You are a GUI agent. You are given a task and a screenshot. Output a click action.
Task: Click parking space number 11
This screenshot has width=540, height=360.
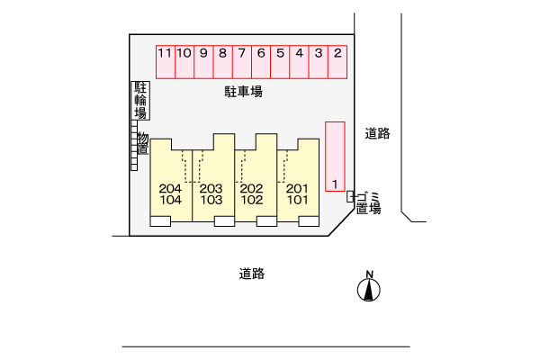pyautogui.click(x=165, y=63)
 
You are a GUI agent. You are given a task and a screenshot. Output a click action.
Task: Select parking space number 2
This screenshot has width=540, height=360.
pyautogui.click(x=337, y=63)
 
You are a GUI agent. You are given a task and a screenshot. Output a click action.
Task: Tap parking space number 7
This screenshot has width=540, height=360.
pyautogui.click(x=241, y=63)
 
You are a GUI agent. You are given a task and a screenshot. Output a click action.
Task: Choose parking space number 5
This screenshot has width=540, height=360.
pyautogui.click(x=280, y=63)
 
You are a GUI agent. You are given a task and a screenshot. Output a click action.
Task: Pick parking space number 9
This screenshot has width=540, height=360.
pyautogui.click(x=203, y=63)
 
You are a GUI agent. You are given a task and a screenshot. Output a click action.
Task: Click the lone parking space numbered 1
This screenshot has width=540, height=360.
pyautogui.click(x=334, y=156)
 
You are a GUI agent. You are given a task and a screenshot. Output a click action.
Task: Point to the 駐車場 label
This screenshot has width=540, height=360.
pyautogui.click(x=243, y=92)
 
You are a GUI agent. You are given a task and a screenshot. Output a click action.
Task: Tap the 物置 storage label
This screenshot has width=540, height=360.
pyautogui.click(x=142, y=143)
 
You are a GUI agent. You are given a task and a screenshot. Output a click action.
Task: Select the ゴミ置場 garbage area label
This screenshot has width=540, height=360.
pyautogui.click(x=366, y=202)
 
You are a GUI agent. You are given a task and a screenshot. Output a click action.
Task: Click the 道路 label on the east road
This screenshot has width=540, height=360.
pyautogui.click(x=378, y=133)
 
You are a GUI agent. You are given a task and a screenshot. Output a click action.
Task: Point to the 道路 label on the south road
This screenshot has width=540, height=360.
pyautogui.click(x=252, y=274)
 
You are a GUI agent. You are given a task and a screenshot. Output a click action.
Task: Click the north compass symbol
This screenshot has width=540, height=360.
pyautogui.click(x=369, y=287)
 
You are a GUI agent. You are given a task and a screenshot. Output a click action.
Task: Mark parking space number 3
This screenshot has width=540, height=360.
pyautogui.click(x=319, y=63)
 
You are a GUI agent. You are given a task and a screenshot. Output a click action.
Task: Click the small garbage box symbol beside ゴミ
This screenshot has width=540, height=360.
pyautogui.click(x=351, y=194)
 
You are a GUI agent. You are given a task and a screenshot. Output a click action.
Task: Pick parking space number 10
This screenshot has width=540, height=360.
pyautogui.click(x=184, y=63)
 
